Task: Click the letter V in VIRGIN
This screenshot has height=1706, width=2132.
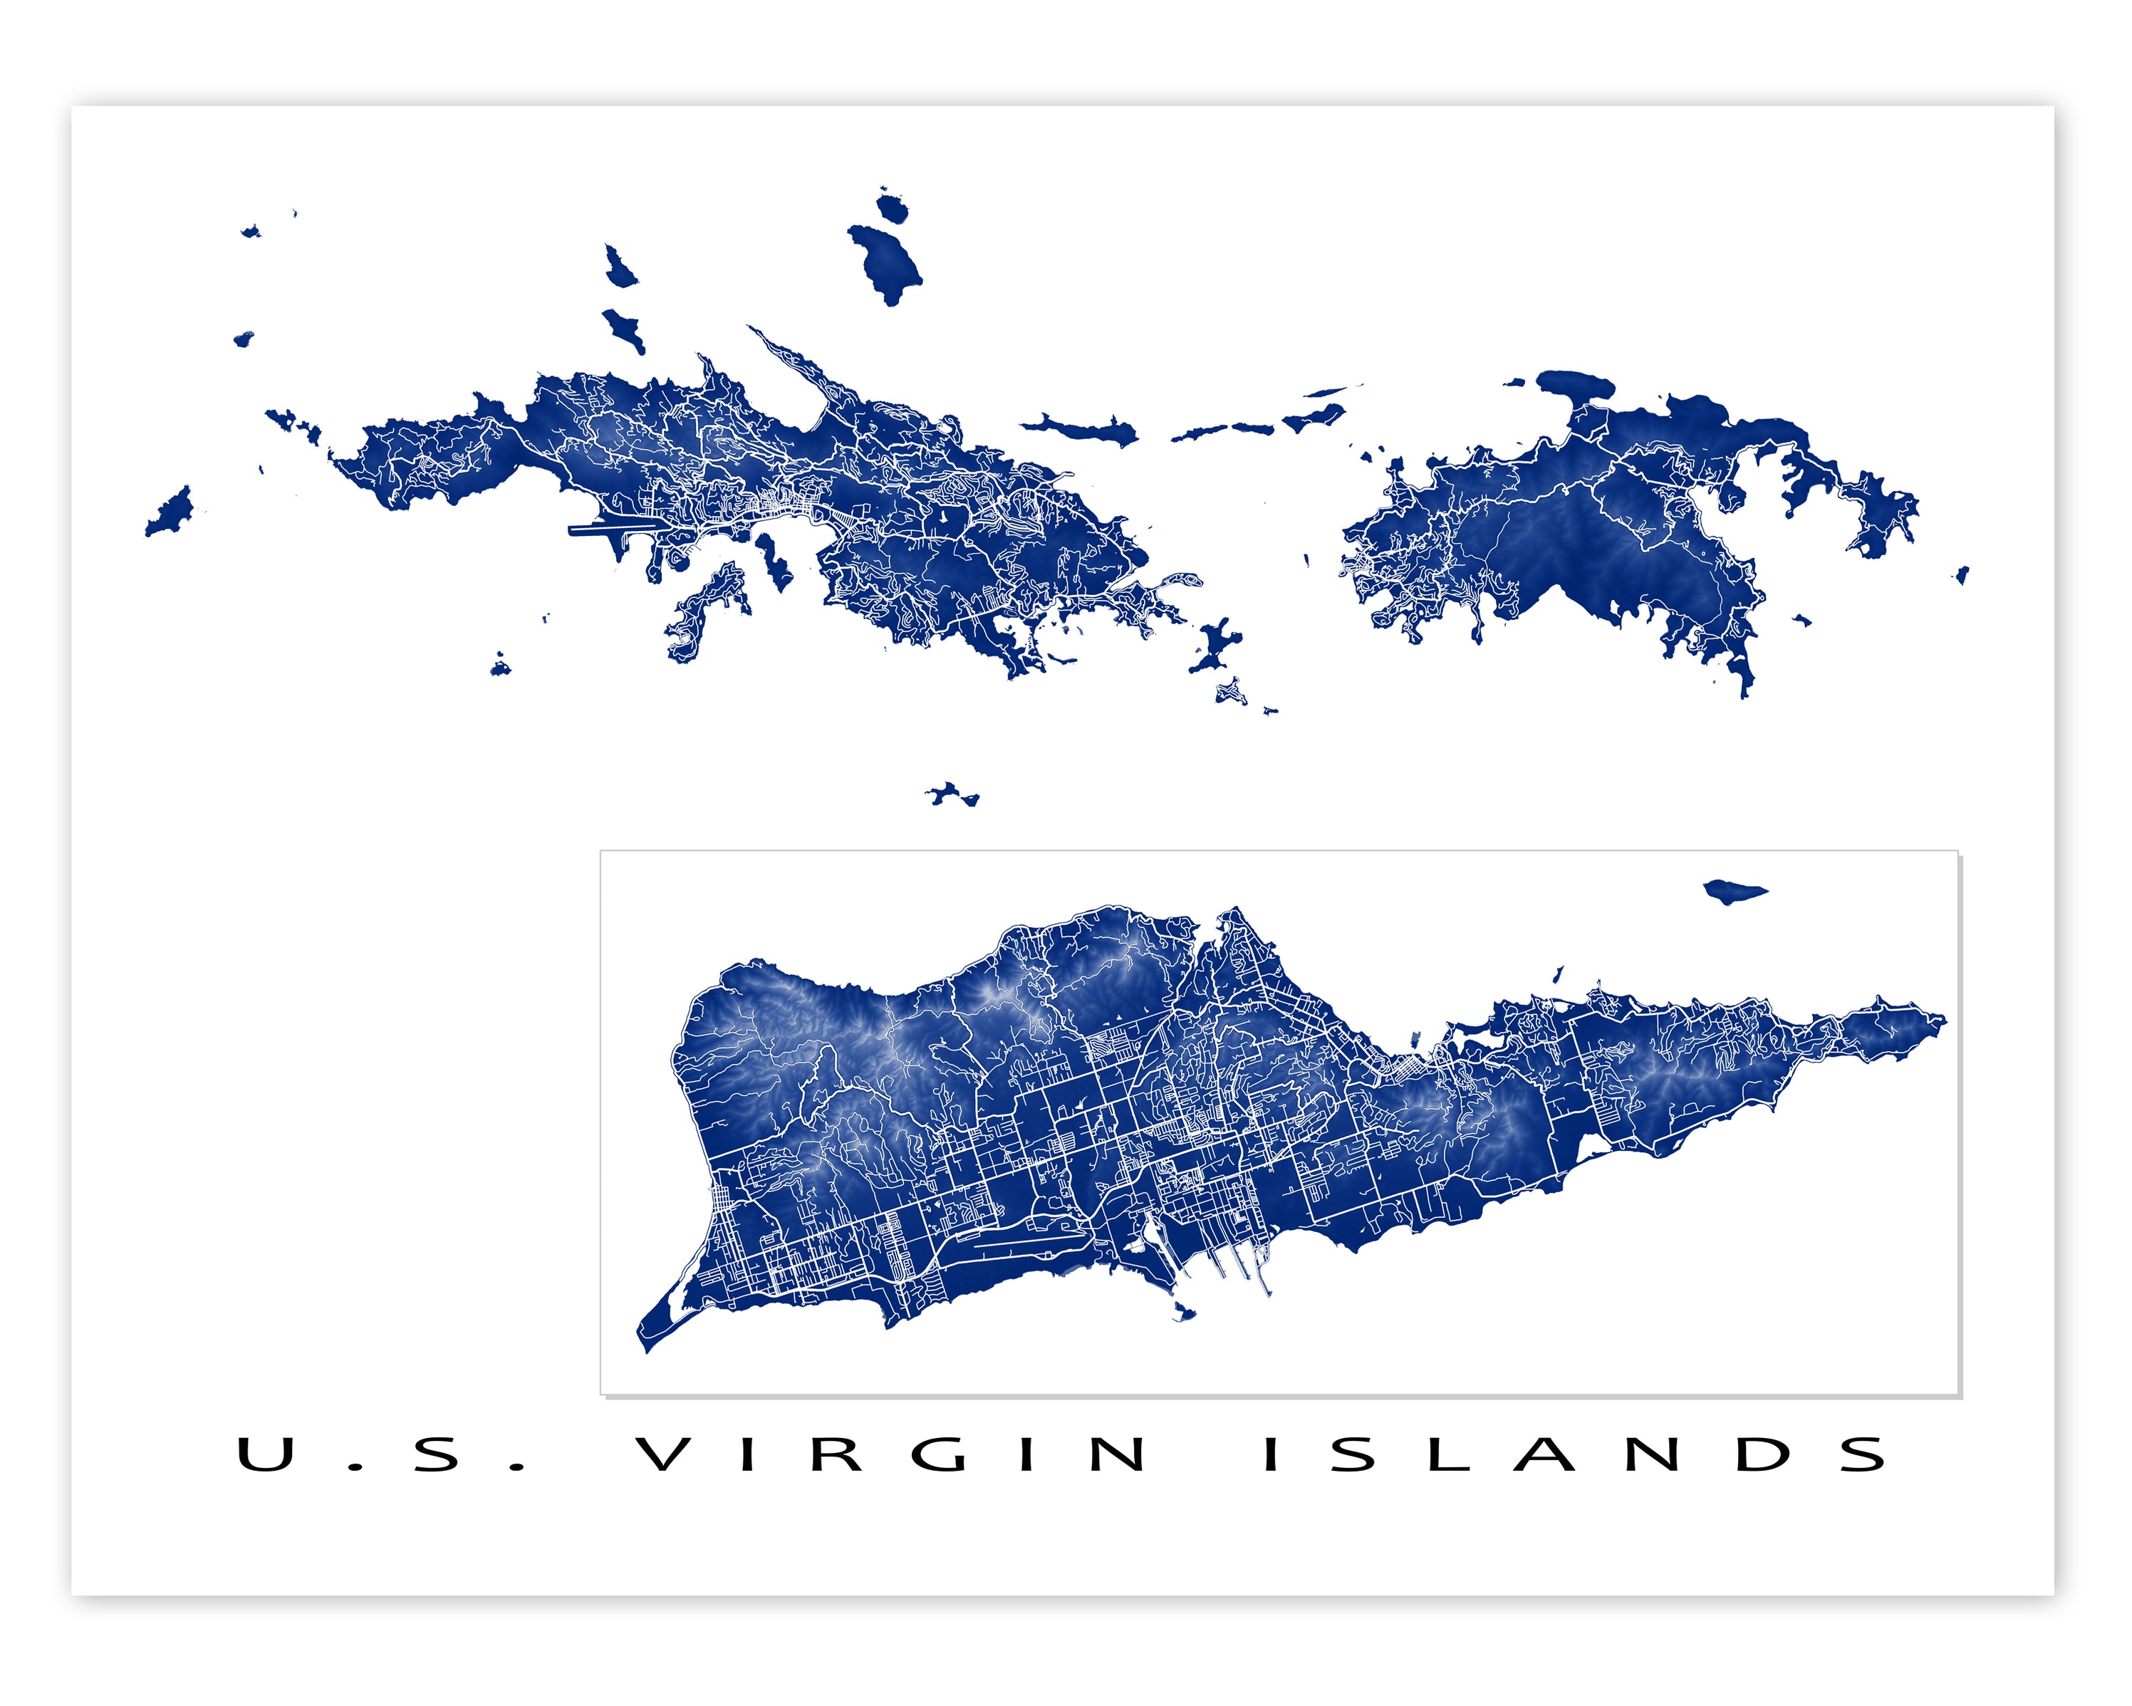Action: [x=662, y=1454]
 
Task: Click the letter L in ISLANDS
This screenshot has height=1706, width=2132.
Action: [x=1449, y=1454]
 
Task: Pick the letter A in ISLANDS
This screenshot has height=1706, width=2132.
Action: [x=1544, y=1454]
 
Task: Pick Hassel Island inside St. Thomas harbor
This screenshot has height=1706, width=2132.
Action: [x=774, y=562]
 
